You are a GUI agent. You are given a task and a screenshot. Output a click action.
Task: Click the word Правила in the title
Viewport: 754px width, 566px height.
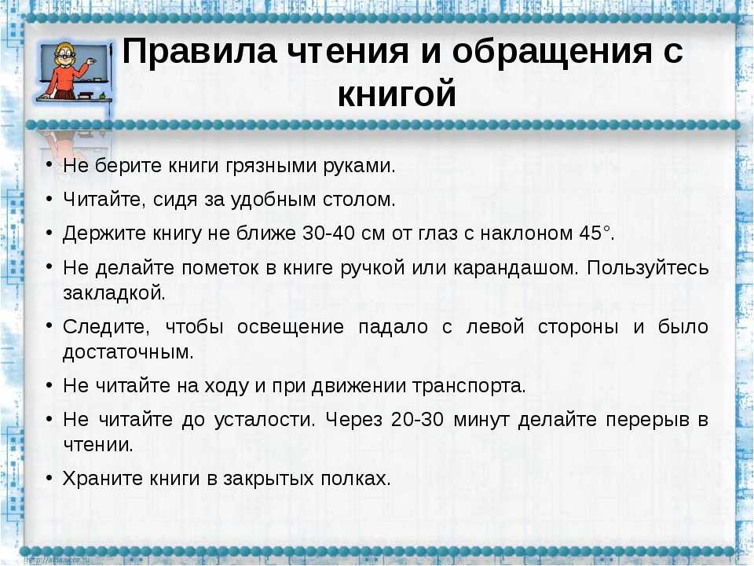[199, 50]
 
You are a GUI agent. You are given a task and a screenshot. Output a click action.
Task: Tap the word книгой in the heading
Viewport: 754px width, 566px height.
[397, 94]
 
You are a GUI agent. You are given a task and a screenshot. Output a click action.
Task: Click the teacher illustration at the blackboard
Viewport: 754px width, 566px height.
[74, 71]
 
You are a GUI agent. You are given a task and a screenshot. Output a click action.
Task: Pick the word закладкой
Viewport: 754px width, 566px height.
[115, 292]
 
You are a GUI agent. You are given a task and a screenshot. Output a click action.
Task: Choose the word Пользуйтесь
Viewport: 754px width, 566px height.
[648, 268]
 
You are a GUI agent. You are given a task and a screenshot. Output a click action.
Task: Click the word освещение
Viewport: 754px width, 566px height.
[291, 327]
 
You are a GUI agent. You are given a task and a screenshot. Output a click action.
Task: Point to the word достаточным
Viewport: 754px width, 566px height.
[128, 353]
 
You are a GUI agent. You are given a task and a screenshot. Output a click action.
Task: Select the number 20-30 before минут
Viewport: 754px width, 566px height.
[417, 419]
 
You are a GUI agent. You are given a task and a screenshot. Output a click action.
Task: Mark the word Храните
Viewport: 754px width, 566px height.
[103, 479]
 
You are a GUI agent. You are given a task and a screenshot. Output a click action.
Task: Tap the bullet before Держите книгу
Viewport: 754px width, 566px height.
[49, 232]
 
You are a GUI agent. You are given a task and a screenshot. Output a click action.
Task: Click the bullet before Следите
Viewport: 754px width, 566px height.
[49, 325]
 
